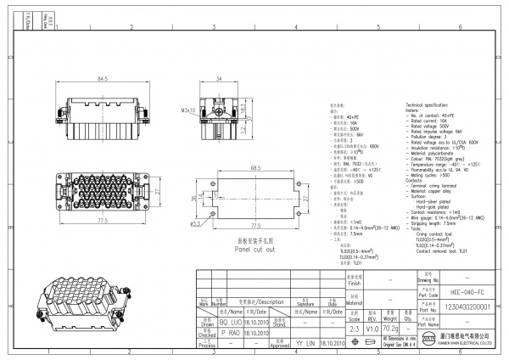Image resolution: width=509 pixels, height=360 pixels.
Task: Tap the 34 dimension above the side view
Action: (x=218, y=79)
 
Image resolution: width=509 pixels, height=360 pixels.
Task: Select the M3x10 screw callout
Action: (x=188, y=110)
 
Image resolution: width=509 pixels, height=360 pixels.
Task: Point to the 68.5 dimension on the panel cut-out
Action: (x=255, y=168)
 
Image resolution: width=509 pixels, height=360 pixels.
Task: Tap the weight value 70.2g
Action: (x=391, y=326)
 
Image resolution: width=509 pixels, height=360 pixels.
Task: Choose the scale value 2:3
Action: (x=355, y=326)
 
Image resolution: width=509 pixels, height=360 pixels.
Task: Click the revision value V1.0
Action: (x=373, y=326)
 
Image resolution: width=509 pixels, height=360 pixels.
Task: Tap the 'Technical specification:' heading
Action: (x=432, y=102)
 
